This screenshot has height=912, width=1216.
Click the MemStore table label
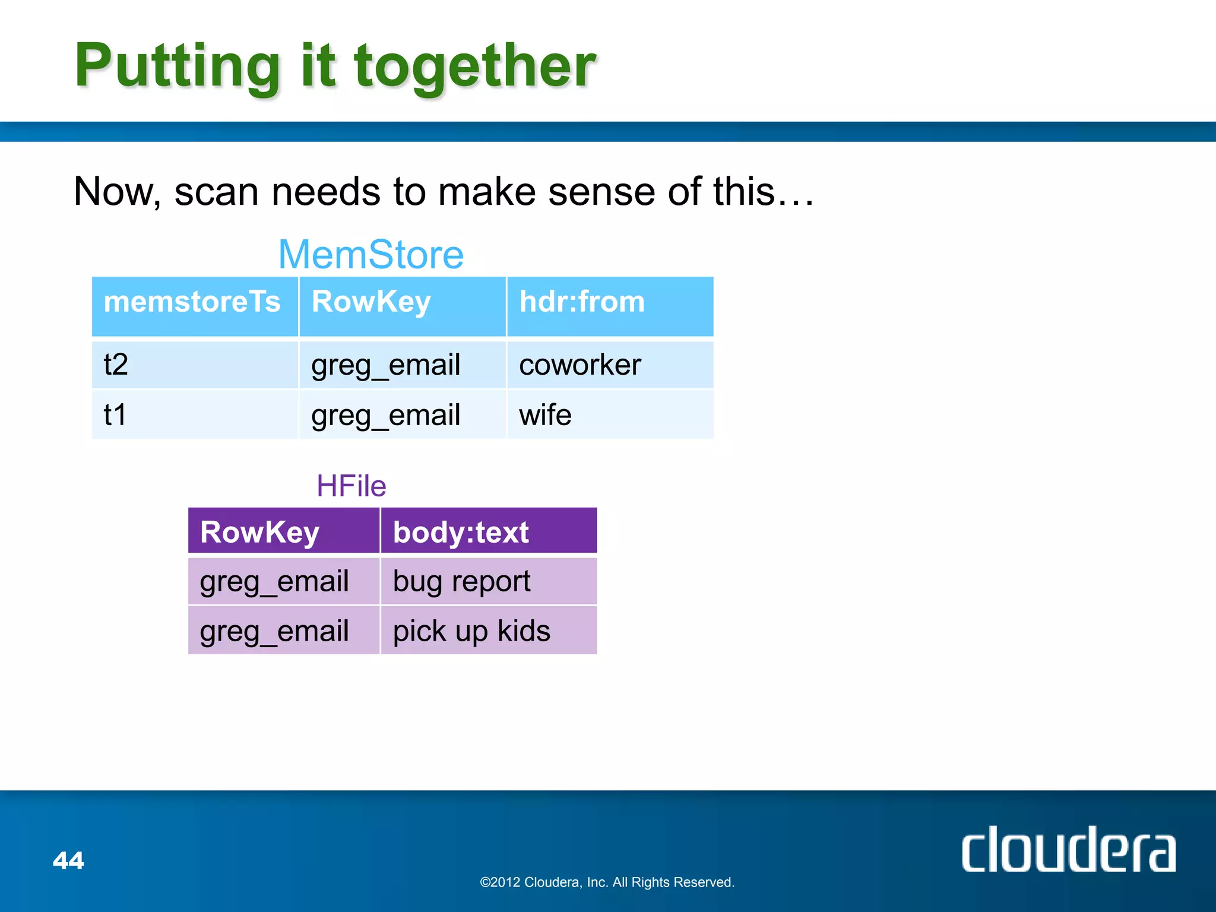click(371, 255)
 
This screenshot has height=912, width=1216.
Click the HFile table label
click(351, 486)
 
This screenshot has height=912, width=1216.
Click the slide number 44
click(68, 860)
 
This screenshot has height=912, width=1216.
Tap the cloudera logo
click(1068, 850)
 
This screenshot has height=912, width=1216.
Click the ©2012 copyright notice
click(607, 882)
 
